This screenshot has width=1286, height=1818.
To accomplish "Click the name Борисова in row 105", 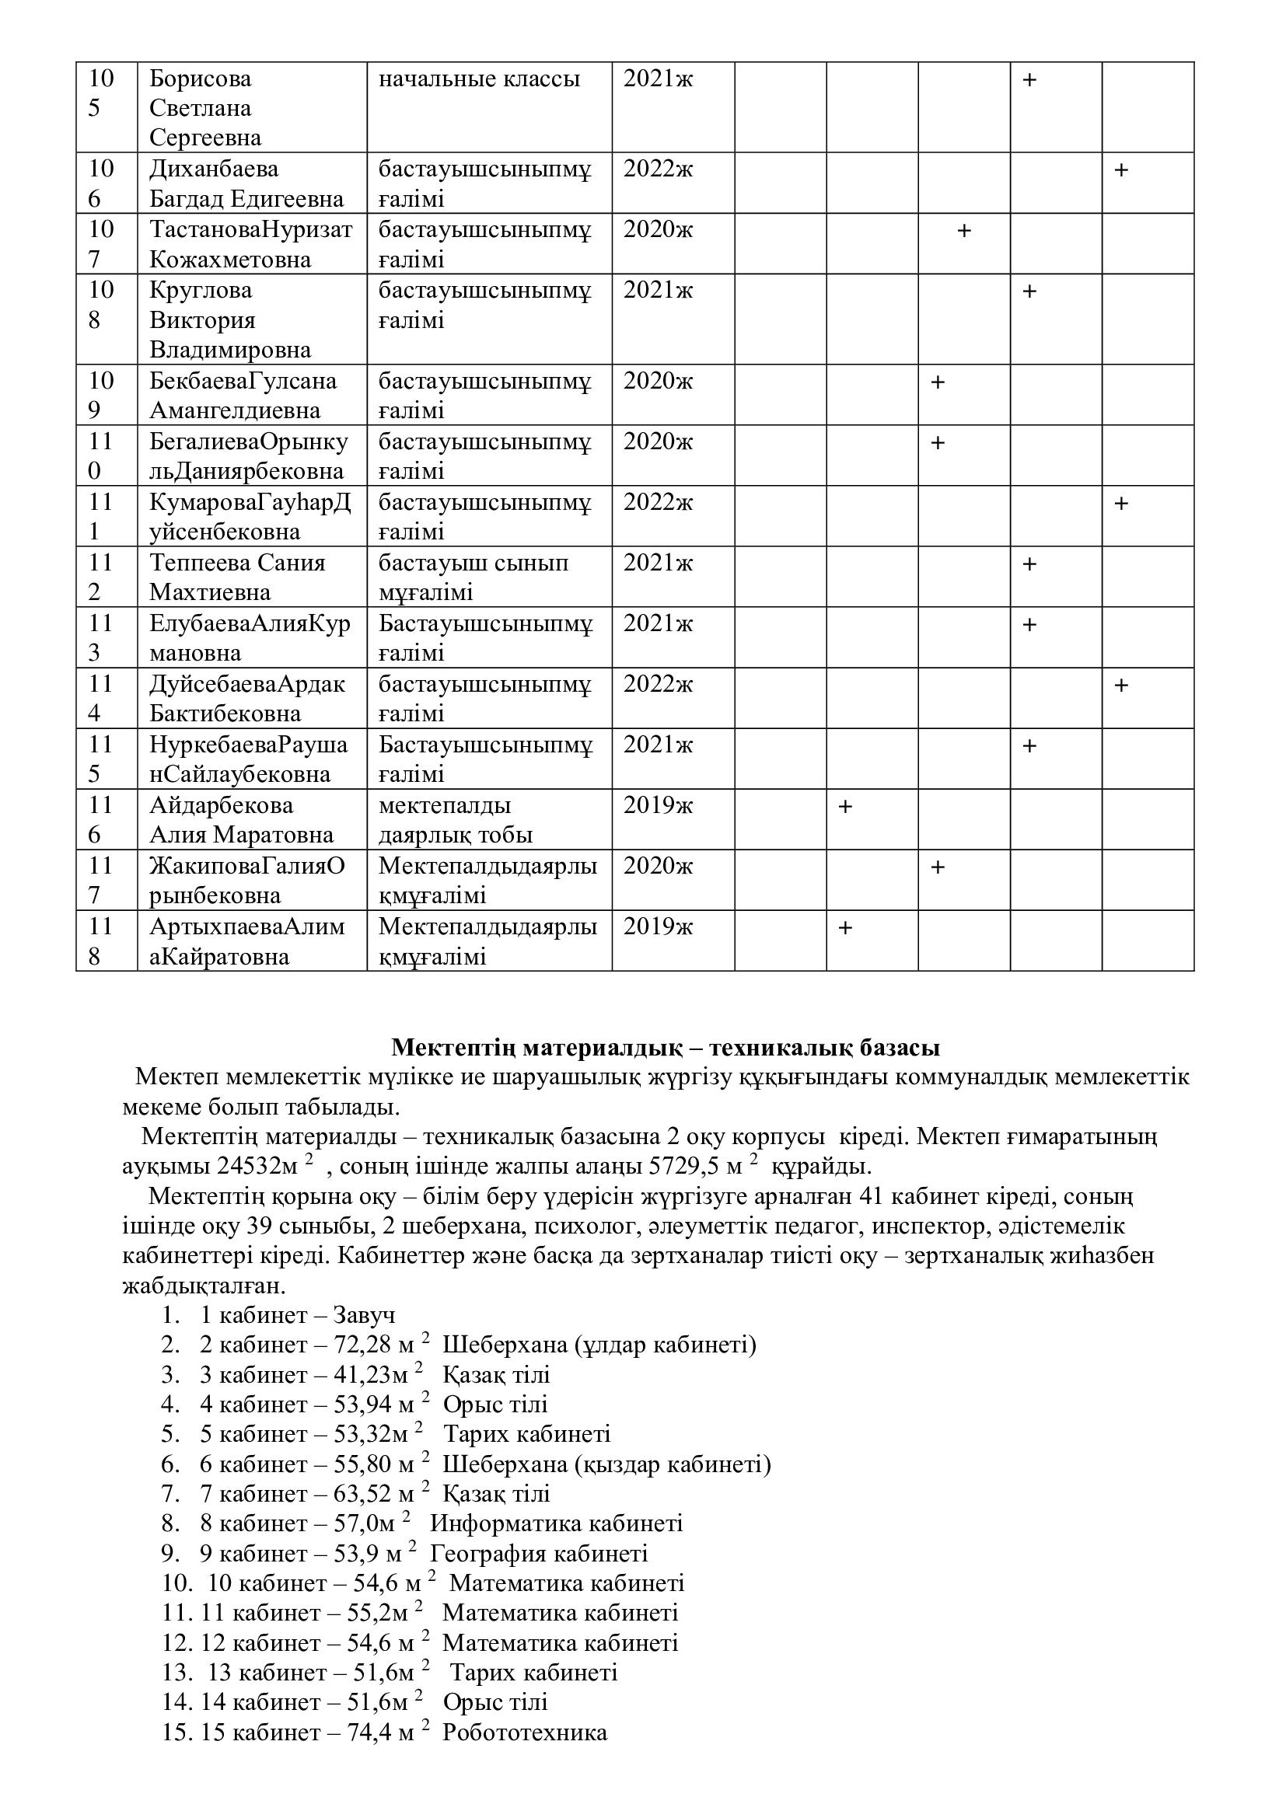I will coord(201,79).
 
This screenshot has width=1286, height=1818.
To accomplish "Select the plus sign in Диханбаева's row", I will coord(1120,170).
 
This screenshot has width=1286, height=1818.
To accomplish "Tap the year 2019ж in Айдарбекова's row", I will coord(657,805).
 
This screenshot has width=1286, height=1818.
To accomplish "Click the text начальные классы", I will coord(479,79).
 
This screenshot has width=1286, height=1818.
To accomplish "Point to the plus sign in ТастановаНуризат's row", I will coord(963,231).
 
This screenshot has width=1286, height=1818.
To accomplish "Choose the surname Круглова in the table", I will coord(201,291).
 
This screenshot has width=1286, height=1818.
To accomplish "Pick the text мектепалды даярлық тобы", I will coord(456,820).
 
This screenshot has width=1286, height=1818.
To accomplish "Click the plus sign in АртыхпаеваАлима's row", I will coord(845,927).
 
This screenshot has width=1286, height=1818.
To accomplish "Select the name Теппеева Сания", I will coord(237,563).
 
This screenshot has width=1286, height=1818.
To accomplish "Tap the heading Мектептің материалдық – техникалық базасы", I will coord(666,1048).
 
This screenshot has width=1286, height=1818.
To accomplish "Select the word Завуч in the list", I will coord(363,1315).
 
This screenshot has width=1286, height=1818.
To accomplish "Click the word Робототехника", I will coord(524,1733).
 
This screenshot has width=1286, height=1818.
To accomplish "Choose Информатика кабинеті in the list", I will coord(556,1523).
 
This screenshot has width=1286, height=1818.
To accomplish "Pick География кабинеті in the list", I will coord(539,1554).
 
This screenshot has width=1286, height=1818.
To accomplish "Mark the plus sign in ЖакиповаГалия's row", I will coord(937,868).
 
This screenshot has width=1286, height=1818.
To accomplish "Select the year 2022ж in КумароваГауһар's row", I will coord(657,503).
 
